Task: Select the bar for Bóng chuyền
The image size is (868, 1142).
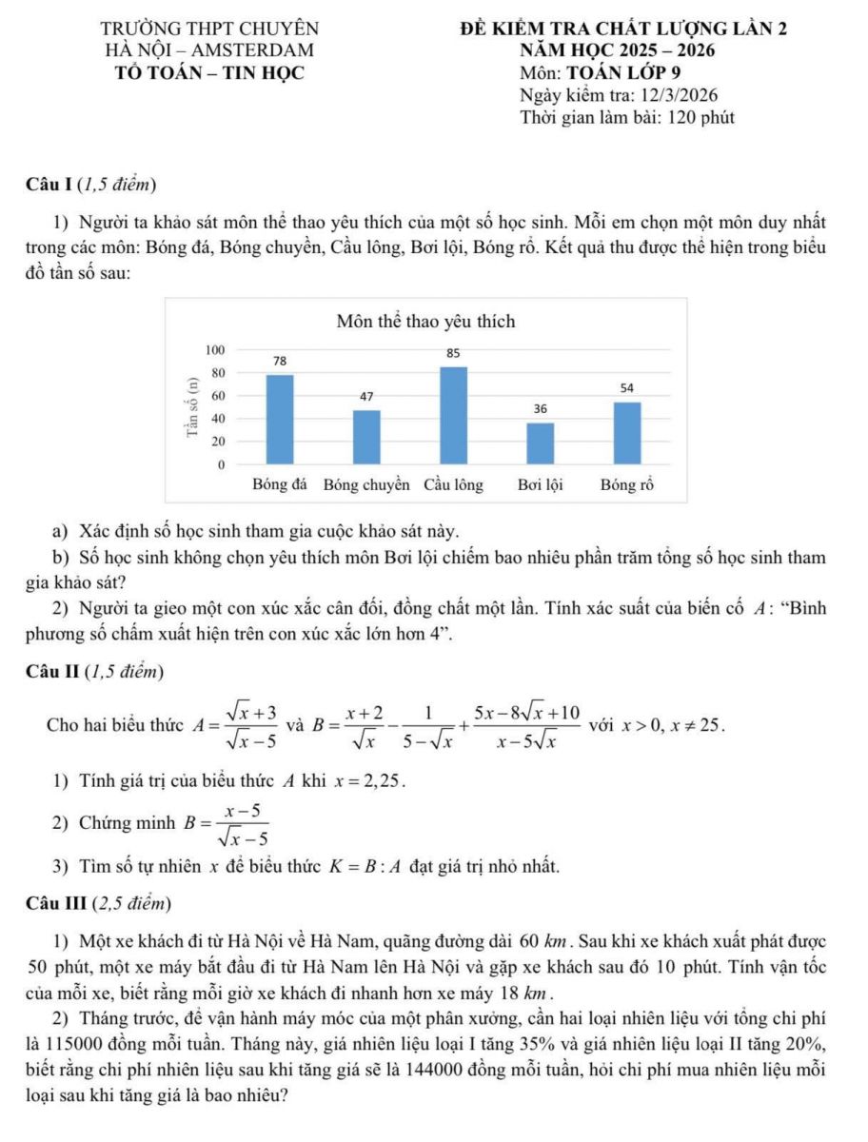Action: point(366,438)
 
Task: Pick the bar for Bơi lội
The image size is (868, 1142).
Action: point(541,443)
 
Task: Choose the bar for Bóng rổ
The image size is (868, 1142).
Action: point(627,433)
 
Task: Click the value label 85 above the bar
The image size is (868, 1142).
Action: point(454,353)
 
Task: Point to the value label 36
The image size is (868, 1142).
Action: point(541,408)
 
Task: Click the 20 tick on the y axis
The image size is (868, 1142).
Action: point(219,443)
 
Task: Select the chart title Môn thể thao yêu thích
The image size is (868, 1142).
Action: point(426,322)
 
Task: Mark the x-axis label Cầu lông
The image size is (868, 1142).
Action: point(454,484)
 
